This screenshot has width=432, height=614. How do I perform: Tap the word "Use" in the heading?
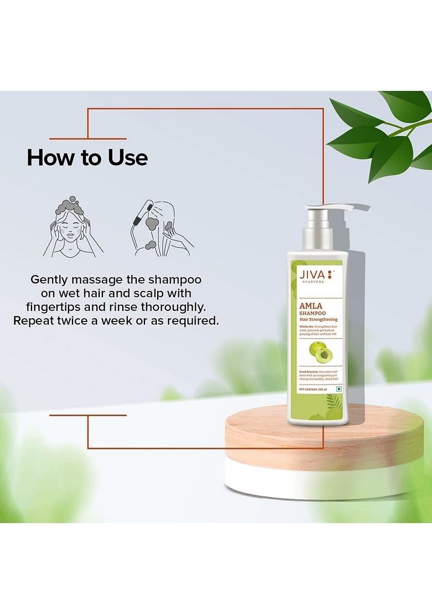(128, 158)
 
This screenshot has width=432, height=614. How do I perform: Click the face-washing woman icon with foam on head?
(72, 227)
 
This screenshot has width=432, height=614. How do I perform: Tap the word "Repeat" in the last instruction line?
(37, 321)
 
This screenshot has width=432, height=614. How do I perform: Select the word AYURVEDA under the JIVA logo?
(311, 282)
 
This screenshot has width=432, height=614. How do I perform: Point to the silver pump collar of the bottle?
(316, 233)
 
